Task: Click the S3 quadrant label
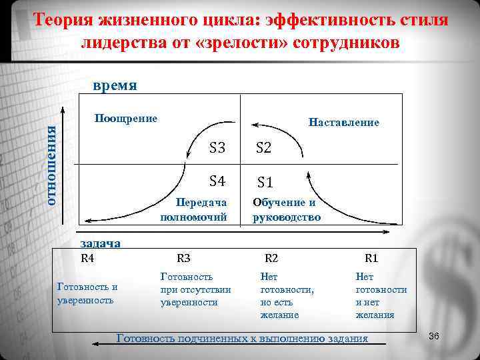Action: [217, 148]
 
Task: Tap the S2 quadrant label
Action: [264, 148]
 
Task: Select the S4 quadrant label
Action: [217, 180]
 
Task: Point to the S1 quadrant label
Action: [265, 181]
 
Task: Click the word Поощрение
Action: [126, 119]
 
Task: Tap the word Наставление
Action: [344, 123]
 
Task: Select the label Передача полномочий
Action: [194, 210]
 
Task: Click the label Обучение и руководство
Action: [287, 210]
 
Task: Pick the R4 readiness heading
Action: [87, 258]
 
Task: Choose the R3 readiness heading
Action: [183, 259]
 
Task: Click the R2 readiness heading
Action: [271, 259]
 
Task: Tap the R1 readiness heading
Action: [371, 259]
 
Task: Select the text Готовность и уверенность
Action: [87, 293]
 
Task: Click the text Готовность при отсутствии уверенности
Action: [195, 289]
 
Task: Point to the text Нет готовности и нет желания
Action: [381, 295]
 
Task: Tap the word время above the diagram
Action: [115, 86]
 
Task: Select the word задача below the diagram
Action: [100, 243]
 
